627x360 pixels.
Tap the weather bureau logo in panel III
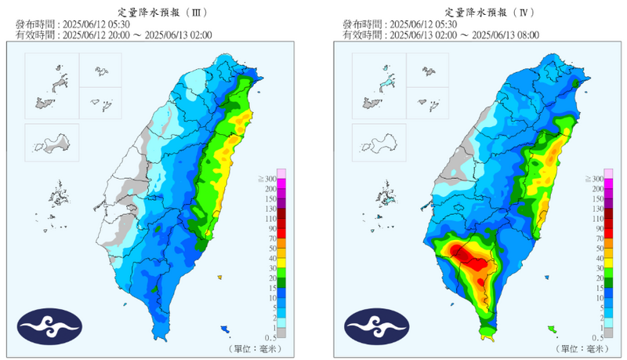pyautogui.click(x=49, y=326)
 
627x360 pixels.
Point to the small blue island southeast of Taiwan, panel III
pyautogui.click(x=225, y=328)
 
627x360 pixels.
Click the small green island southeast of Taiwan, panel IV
pyautogui.click(x=552, y=329)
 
